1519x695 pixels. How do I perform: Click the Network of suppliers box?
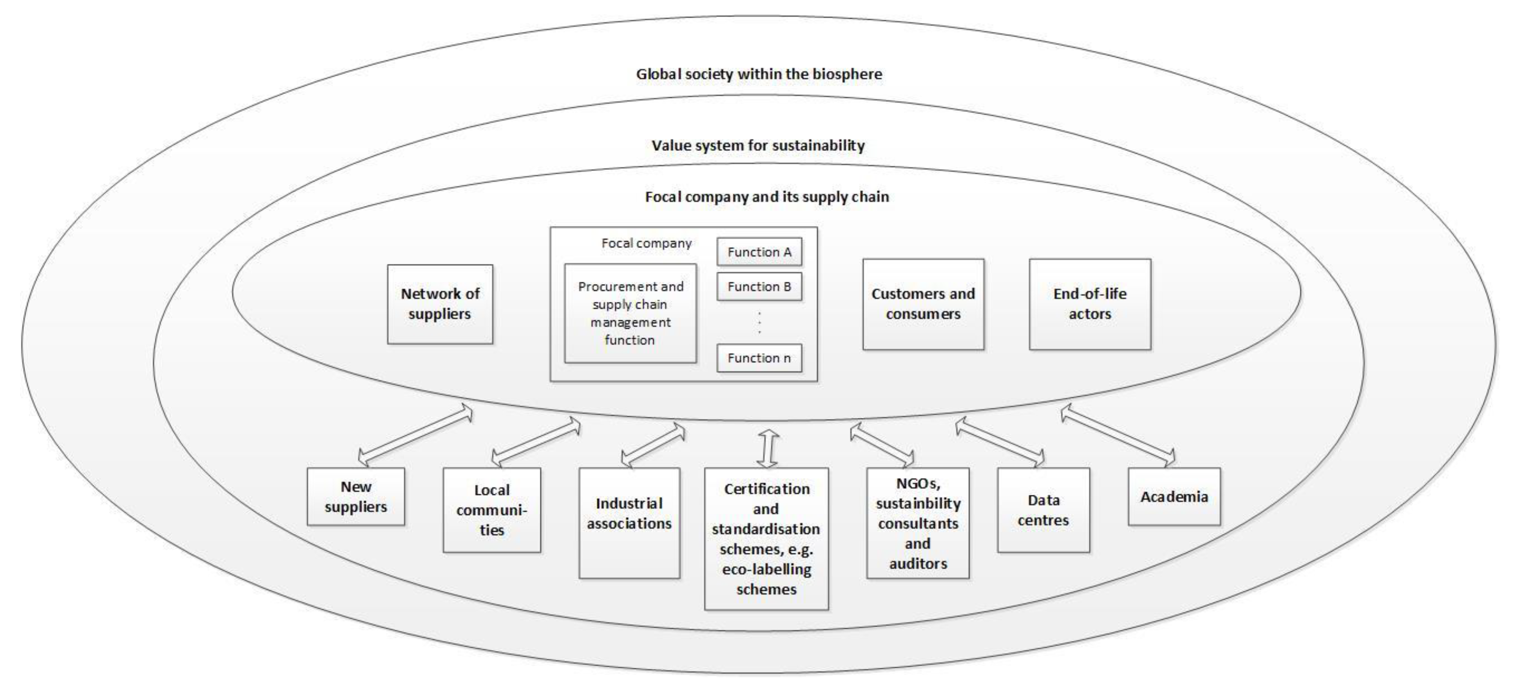440,304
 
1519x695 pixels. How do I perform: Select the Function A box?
759,252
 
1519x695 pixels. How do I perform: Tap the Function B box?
759,287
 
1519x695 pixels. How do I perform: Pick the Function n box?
759,358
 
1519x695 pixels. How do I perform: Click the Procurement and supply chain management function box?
630,313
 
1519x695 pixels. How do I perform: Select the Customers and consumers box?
923,304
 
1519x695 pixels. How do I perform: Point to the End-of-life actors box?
1090,304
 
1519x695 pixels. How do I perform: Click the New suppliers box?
355,496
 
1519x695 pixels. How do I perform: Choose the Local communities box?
491,510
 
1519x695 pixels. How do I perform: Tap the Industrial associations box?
629,523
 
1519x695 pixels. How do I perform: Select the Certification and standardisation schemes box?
766,538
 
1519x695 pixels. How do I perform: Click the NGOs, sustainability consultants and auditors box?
918,523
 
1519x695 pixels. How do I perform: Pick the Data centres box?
1043,510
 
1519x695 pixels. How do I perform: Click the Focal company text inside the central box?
646,243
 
